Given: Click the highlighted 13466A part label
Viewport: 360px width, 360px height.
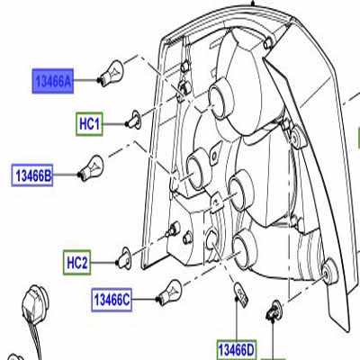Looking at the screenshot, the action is point(53,81).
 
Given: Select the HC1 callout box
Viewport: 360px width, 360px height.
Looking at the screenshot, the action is point(89,124).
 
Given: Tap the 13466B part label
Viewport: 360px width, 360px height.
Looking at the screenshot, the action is point(32,175).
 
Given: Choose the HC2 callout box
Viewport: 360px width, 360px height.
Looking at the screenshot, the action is point(76,263).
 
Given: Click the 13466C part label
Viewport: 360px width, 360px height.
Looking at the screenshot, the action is point(112,300).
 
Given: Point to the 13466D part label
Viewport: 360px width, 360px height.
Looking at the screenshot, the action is point(237,350).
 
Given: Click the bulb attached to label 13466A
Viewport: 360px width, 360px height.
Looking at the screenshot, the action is point(111,73).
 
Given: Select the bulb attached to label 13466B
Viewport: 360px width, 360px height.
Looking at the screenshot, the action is point(91,167).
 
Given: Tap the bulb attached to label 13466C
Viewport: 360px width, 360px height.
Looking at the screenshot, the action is point(169,292).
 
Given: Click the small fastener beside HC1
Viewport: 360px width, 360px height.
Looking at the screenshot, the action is point(134,120).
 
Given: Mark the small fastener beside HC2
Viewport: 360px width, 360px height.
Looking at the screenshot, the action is point(123,258).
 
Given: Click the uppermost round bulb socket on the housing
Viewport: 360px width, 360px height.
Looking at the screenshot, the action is point(221,98).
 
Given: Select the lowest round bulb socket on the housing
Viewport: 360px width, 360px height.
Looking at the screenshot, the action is point(245,248).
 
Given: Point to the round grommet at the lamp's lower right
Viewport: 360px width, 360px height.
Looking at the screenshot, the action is point(328,273).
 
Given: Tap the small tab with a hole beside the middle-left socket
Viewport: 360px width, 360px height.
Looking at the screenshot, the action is point(213,157).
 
